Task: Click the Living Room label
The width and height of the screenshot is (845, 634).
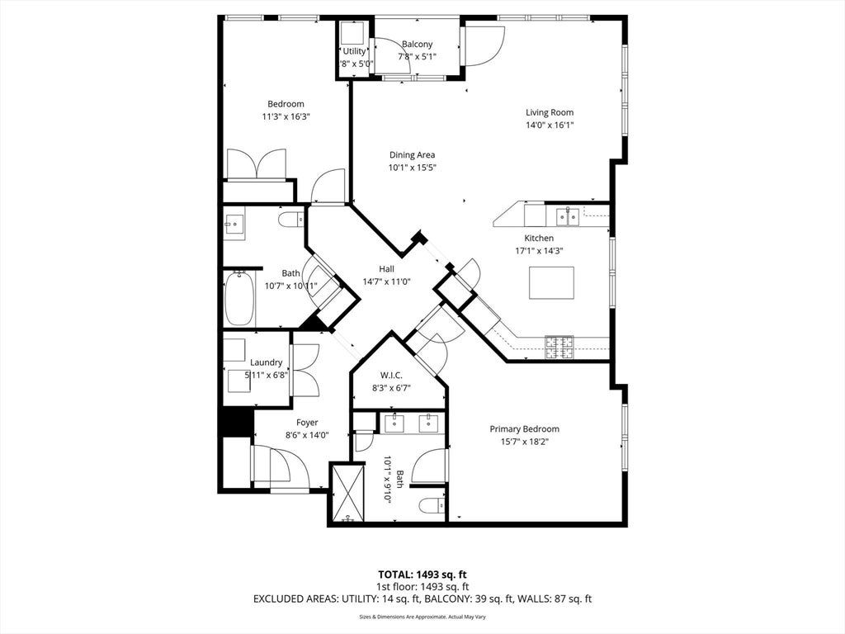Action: point(549,112)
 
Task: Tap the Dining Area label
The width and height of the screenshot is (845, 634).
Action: point(413,155)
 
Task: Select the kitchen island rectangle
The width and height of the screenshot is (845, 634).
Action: point(551,282)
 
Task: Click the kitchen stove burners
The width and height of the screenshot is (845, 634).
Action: point(559,348)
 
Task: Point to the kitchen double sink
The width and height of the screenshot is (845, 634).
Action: point(568,217)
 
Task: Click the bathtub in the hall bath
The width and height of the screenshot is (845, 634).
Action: point(239,299)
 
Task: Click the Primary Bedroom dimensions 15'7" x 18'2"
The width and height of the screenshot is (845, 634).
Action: point(524,442)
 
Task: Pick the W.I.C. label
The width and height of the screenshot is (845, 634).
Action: point(391,376)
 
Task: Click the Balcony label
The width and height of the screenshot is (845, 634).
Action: point(417,45)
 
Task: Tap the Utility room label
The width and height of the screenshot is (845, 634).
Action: point(354,51)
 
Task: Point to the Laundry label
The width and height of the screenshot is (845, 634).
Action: point(267,363)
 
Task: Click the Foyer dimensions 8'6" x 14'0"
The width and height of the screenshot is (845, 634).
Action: point(307,436)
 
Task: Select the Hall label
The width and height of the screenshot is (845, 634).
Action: point(386,269)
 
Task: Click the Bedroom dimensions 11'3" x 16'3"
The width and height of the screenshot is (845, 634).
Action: point(286,116)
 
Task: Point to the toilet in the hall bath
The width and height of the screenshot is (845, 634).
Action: point(291,220)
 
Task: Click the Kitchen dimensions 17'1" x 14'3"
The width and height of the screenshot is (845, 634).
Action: point(540,251)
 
